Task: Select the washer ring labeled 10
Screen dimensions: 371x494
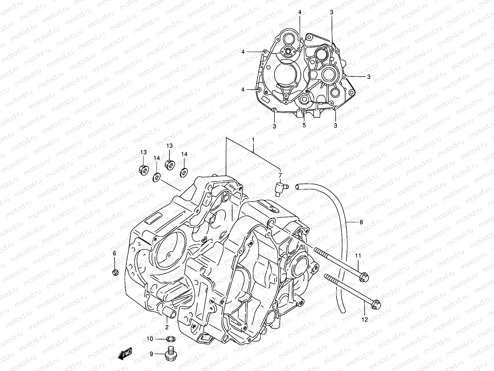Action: coord(170,339)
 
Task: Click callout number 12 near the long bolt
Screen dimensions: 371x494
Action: coord(365,319)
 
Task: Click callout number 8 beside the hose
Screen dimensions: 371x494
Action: coord(361,222)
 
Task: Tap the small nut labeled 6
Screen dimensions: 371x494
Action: coord(115,272)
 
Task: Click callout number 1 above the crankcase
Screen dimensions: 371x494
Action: coord(253,140)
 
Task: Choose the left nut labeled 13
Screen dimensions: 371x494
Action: coord(143,170)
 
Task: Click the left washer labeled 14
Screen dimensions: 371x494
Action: coord(157,177)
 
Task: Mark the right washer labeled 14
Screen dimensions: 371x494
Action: coord(184,172)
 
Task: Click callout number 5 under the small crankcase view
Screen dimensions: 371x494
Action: coord(304,125)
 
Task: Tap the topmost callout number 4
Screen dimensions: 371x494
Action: coord(299,12)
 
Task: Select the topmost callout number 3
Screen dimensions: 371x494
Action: coord(332,12)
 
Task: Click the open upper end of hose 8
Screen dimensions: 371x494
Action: coord(298,186)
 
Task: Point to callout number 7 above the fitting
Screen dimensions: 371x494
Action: coord(280,176)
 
